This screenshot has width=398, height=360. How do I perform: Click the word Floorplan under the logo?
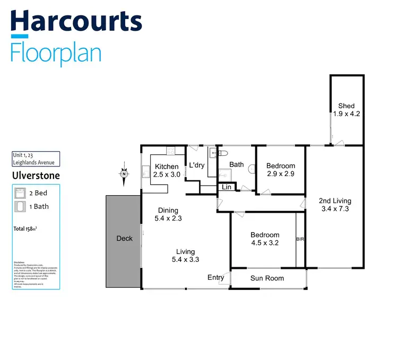coord(56,54)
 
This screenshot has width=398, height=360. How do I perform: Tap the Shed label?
coord(346,106)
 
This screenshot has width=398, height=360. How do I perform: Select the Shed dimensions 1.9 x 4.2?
coord(347,113)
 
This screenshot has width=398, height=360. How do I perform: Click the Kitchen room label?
coord(167,166)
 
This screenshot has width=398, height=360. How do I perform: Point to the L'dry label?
coord(197,165)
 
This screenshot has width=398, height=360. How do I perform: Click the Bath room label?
coord(237,164)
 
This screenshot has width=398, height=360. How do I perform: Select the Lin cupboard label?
coord(227,187)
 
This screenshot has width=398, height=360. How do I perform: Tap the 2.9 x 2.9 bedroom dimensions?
coord(280,173)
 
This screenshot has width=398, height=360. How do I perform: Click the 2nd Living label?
coord(335,201)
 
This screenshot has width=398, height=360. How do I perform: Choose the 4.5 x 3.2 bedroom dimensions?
coord(265,243)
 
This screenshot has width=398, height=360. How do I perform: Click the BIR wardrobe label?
coord(300,239)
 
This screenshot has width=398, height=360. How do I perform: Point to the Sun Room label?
coord(267,278)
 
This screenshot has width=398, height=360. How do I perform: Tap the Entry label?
coord(215,277)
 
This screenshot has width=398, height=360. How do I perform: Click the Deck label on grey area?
coord(124,239)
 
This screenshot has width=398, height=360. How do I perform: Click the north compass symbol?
coord(123,174)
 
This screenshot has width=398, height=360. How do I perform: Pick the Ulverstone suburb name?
coord(36,175)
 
